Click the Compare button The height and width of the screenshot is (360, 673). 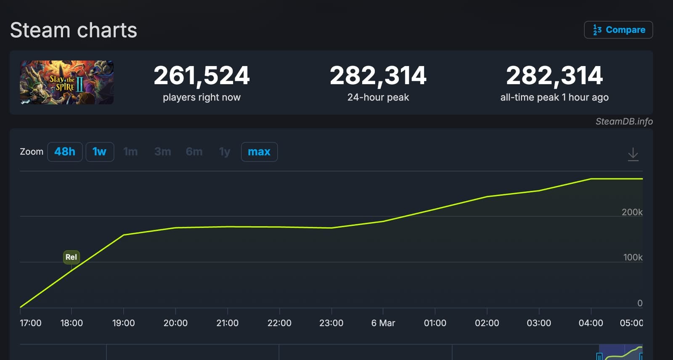[x=618, y=30]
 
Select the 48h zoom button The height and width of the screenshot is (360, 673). [x=65, y=152]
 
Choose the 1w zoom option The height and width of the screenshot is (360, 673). [x=100, y=152]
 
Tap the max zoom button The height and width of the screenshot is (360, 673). [x=259, y=152]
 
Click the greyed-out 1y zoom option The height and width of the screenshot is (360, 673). [x=225, y=152]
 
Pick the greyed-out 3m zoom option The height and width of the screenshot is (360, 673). [x=162, y=152]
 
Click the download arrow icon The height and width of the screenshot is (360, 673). [x=633, y=154]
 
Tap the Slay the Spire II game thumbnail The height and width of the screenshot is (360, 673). [x=66, y=82]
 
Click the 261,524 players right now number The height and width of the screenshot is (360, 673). [x=201, y=76]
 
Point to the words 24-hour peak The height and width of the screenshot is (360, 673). [x=378, y=98]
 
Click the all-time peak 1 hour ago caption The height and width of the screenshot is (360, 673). [x=554, y=98]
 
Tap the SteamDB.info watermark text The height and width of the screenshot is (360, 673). [x=624, y=122]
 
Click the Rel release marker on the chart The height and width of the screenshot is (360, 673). [x=71, y=257]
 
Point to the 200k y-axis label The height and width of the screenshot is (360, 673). [x=632, y=212]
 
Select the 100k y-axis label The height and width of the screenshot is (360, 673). [x=633, y=257]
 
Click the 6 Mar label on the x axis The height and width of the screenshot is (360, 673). [x=383, y=323]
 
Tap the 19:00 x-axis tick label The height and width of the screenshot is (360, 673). [x=123, y=323]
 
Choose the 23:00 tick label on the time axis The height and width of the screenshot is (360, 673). [x=331, y=323]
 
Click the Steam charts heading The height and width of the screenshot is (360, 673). [x=74, y=30]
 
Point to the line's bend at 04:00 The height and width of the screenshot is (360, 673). [x=591, y=179]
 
